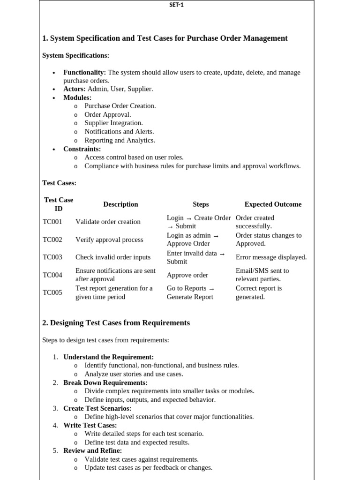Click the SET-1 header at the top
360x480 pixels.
tap(176, 5)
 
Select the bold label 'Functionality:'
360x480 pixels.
tap(85, 73)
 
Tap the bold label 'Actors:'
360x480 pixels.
tap(75, 89)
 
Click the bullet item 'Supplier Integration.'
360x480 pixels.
tap(113, 123)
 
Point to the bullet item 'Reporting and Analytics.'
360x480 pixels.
tap(120, 140)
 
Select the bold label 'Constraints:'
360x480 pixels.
tap(82, 149)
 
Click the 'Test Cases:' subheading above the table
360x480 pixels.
tap(59, 183)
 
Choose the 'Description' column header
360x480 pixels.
tap(120, 204)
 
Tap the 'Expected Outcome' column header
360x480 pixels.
tap(273, 204)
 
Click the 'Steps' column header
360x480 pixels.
tap(201, 204)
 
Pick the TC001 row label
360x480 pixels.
tap(52, 222)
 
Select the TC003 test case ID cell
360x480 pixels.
tap(52, 257)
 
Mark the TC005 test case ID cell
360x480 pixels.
tap(52, 292)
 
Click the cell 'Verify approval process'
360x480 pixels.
tap(109, 240)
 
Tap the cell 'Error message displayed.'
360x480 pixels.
tap(271, 257)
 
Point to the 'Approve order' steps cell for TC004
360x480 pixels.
tap(187, 275)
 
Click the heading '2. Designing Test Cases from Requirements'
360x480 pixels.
tap(116, 323)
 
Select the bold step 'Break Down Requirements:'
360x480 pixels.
tap(105, 383)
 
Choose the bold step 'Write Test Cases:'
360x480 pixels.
tap(90, 425)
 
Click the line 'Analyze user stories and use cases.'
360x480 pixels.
tap(134, 374)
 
